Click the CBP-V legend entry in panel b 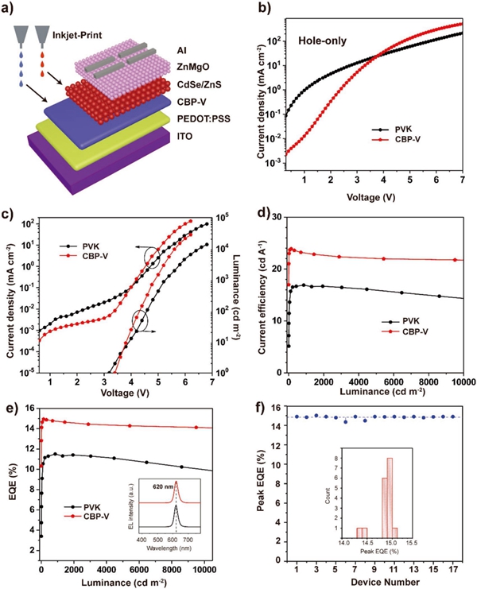[413, 140]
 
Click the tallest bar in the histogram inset [390, 494]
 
